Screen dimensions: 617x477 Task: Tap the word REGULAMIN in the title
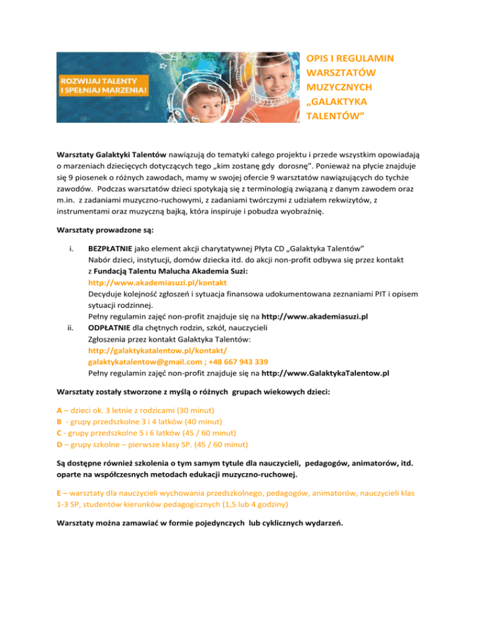(x=363, y=59)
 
